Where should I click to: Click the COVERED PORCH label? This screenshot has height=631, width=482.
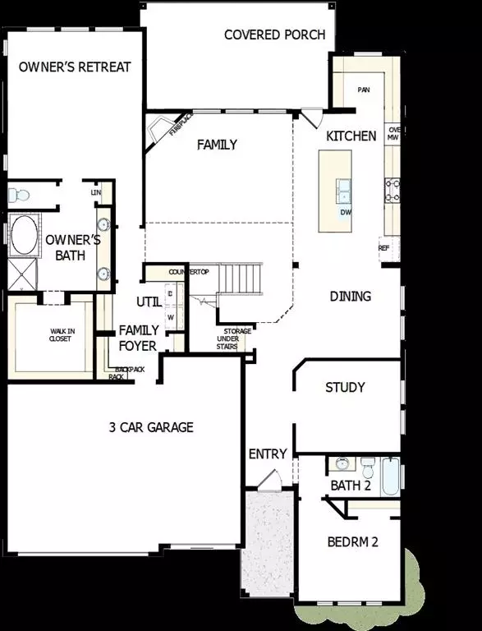(x=274, y=35)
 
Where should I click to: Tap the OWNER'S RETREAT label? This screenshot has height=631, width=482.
(x=75, y=67)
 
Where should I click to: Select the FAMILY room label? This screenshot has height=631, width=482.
(x=217, y=145)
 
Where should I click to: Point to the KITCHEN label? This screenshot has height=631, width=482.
(x=351, y=136)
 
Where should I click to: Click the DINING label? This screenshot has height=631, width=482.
(x=351, y=296)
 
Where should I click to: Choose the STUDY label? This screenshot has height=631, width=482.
(x=345, y=387)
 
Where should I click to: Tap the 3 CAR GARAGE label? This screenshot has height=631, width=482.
(x=151, y=426)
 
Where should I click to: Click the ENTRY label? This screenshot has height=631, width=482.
(x=268, y=454)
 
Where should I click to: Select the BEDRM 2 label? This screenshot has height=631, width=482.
(x=351, y=542)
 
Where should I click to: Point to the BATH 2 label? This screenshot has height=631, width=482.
(x=351, y=486)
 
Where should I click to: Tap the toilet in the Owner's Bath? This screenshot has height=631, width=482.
(x=18, y=196)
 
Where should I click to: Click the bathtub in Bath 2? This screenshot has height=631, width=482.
(x=390, y=477)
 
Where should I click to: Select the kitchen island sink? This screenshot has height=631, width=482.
(x=343, y=191)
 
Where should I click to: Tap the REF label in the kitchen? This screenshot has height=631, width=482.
(x=383, y=247)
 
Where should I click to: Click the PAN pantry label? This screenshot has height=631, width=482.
(x=364, y=90)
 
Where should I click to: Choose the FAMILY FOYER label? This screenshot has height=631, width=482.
(x=138, y=337)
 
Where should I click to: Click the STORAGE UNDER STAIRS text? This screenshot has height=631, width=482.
(x=227, y=337)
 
